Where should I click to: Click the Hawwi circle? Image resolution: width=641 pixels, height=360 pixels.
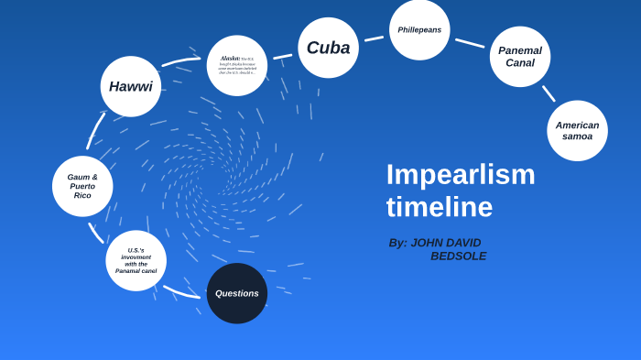tap(131, 87)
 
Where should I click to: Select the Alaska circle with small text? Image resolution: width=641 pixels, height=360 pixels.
tap(237, 65)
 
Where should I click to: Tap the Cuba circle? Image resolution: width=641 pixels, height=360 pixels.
tap(328, 48)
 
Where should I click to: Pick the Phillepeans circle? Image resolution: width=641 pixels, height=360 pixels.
tap(419, 30)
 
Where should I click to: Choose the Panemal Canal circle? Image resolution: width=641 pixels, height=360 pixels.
tap(520, 57)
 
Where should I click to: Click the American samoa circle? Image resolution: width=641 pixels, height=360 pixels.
tap(577, 131)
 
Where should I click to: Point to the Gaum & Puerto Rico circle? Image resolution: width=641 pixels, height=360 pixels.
tap(82, 186)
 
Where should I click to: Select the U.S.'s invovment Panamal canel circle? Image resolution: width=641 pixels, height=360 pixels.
tap(136, 260)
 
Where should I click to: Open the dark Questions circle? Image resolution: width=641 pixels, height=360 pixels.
tap(237, 293)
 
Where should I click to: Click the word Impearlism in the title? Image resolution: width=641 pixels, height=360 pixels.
tap(461, 174)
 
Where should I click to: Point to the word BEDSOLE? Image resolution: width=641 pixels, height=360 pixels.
tap(458, 256)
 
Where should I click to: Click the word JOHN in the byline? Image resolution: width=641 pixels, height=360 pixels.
tap(427, 243)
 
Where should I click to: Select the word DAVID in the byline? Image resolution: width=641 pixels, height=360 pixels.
tap(463, 243)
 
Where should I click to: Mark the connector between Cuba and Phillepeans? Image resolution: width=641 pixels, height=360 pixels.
tap(374, 38)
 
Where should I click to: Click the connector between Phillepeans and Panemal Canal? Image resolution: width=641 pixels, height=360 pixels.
tap(470, 42)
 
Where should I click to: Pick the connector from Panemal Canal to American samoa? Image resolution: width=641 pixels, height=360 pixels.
tap(549, 93)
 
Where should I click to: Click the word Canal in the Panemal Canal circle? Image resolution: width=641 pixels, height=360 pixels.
tap(520, 63)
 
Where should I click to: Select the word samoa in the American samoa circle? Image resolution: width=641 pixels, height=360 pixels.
tap(577, 136)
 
